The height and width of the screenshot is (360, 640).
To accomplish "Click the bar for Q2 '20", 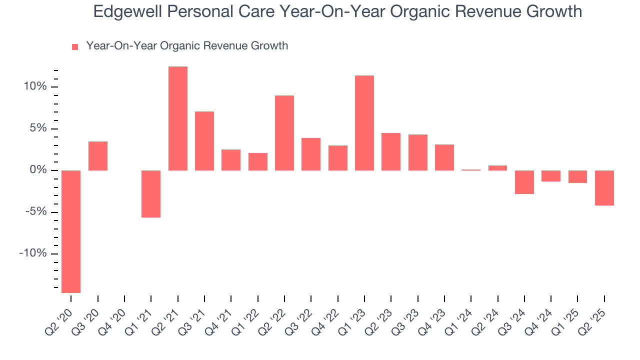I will pyautogui.click(x=71, y=231).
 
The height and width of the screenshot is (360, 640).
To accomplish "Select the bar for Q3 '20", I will pyautogui.click(x=98, y=156).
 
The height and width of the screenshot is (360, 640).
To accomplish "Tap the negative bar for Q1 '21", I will pyautogui.click(x=151, y=194).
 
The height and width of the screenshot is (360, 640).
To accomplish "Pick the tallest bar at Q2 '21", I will pyautogui.click(x=178, y=118).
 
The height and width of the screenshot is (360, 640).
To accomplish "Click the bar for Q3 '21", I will pyautogui.click(x=204, y=141).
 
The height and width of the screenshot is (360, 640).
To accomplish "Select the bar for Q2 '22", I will pyautogui.click(x=284, y=133).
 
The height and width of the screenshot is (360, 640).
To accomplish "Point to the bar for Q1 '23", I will pyautogui.click(x=364, y=123).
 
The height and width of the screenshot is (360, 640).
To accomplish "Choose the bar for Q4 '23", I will pyautogui.click(x=444, y=157).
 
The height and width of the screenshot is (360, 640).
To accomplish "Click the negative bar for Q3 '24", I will pyautogui.click(x=524, y=182).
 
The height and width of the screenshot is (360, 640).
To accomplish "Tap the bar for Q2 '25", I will pyautogui.click(x=604, y=188).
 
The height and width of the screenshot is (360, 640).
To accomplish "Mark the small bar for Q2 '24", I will pyautogui.click(x=497, y=168).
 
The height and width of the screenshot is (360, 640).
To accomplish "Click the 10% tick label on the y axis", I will pyautogui.click(x=34, y=87).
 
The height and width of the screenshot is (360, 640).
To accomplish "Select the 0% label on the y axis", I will pyautogui.click(x=38, y=170).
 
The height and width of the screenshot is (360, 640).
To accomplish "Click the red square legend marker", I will pyautogui.click(x=75, y=47).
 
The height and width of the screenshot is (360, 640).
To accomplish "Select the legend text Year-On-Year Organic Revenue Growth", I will pyautogui.click(x=187, y=46).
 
